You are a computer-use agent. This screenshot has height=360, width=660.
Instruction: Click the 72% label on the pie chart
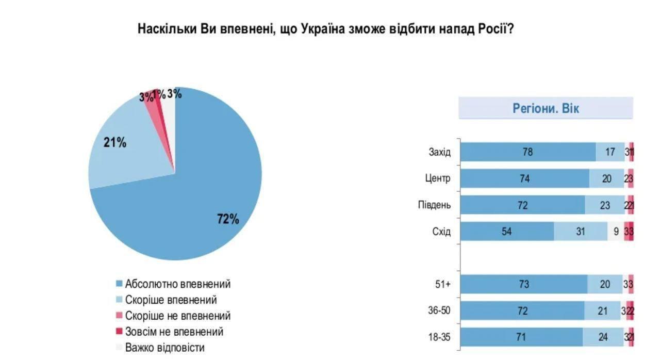[x=228, y=219]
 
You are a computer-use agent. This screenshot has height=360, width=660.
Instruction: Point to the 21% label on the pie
[x=114, y=143]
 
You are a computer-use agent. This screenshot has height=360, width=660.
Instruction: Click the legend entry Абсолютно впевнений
[x=177, y=284]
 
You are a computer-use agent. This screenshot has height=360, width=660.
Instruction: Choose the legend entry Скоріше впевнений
[x=171, y=300]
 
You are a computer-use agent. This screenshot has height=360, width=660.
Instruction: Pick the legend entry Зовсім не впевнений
[x=174, y=332]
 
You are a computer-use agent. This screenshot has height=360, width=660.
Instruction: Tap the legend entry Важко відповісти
[x=164, y=348]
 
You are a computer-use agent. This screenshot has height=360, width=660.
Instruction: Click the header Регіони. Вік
[x=546, y=108]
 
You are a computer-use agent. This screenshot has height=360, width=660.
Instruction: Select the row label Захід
[x=439, y=152]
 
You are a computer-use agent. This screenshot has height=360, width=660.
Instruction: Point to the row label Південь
[x=434, y=205]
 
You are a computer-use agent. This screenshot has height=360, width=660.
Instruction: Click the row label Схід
[x=441, y=232]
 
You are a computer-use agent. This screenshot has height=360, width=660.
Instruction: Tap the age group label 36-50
[x=439, y=311]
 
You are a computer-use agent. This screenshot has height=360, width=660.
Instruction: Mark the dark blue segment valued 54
[x=507, y=232]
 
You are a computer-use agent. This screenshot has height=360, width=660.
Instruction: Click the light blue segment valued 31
[x=581, y=232]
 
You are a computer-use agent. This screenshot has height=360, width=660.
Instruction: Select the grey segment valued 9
[x=616, y=232]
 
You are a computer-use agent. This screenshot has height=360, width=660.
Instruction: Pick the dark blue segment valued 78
[x=527, y=152]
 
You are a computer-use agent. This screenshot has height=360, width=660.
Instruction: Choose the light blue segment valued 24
[x=603, y=337]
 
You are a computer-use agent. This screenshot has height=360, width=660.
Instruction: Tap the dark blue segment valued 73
[x=523, y=284]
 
